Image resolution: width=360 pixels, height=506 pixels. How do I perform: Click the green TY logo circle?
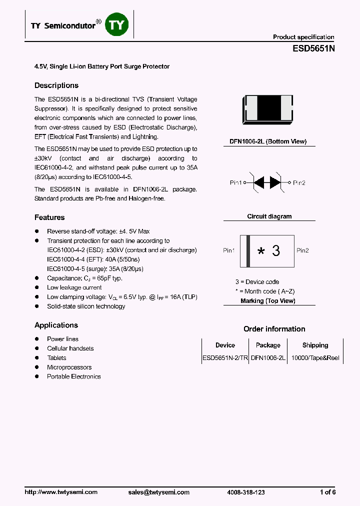pos(118,25)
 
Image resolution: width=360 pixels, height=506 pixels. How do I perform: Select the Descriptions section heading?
pos(56,85)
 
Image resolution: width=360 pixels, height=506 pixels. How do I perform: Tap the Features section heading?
pos(49,217)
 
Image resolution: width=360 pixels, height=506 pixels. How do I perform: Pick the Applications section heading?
pos(56,325)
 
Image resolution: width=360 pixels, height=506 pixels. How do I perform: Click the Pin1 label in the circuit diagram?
pos(236,183)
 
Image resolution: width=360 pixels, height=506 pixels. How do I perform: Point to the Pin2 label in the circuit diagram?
pos(299,183)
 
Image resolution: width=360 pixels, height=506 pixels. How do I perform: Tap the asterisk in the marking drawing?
pos(260,251)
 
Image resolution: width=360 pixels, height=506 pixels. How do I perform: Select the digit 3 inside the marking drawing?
pos(276,251)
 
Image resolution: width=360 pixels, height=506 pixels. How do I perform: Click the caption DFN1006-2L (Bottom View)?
pos(268,142)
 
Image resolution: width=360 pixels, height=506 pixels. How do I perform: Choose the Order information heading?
pos(274,329)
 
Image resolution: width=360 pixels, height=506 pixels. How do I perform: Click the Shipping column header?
pos(315,345)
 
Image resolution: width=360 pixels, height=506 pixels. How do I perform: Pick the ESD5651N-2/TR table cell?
pos(225,358)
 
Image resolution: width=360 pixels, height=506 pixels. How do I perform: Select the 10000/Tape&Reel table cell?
pos(315,358)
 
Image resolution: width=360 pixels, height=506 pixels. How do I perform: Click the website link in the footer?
pos(61,492)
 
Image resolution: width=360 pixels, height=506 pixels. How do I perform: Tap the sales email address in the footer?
pos(158,492)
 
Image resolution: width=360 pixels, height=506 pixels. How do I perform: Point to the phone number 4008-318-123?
pos(245,492)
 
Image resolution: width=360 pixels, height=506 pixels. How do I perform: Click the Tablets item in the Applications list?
pos(56,358)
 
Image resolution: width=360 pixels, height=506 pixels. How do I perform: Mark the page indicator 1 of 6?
pos(327,492)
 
